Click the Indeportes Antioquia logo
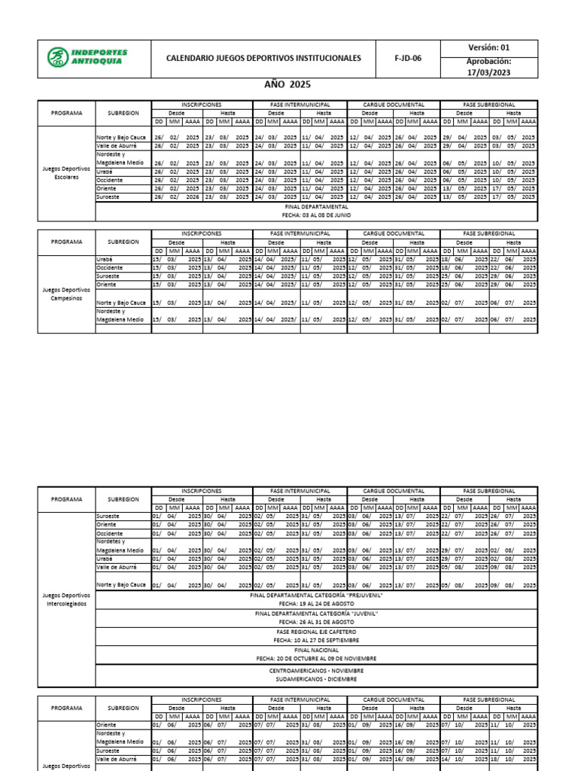[87, 58]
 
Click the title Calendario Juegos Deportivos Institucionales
[263, 59]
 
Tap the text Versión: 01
[488, 47]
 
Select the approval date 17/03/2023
[488, 72]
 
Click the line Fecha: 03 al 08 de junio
[316, 215]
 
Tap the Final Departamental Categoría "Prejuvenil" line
[316, 594]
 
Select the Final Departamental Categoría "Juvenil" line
[316, 613]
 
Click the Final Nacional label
[316, 649]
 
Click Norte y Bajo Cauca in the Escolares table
[121, 138]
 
